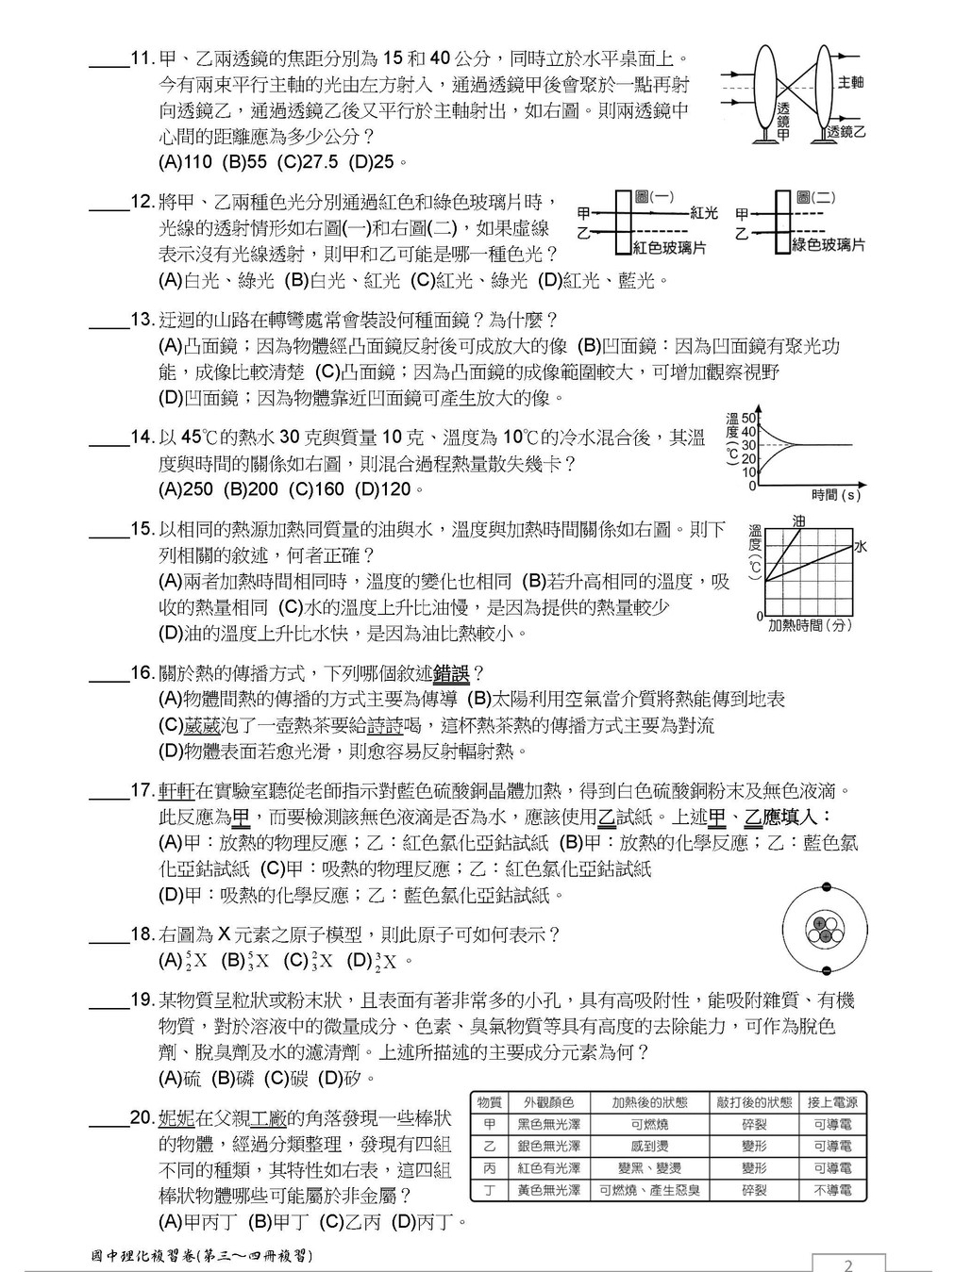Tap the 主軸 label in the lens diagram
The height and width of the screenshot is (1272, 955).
click(x=850, y=82)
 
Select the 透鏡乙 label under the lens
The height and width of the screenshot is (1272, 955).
click(x=846, y=132)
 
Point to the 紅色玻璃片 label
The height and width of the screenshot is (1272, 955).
click(x=669, y=247)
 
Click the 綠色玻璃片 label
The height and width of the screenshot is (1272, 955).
click(x=828, y=245)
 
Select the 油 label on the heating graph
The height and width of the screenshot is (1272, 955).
click(x=799, y=520)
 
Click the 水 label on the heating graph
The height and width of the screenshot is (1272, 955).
click(x=860, y=546)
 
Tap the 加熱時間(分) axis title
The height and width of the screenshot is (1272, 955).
click(x=810, y=624)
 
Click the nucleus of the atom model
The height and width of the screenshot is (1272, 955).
click(x=825, y=930)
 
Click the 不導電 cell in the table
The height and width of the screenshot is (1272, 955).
click(x=832, y=1190)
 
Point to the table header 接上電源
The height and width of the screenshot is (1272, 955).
click(x=832, y=1102)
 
